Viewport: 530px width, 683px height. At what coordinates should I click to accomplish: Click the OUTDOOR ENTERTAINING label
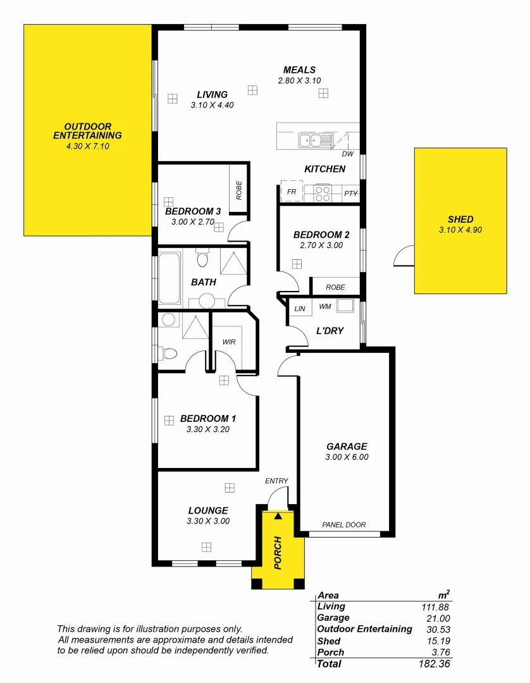(x=87, y=131)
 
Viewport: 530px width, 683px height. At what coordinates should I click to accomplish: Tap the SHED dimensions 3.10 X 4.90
(x=460, y=230)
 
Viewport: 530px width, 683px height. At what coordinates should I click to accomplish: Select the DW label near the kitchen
(x=347, y=154)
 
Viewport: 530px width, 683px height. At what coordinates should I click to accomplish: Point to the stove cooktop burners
(x=323, y=193)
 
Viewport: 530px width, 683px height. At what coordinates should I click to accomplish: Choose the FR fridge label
(x=292, y=191)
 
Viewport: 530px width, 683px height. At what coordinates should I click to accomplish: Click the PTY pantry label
(x=351, y=194)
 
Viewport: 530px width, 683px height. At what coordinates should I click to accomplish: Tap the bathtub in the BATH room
(x=169, y=279)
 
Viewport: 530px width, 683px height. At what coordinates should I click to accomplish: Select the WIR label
(x=229, y=341)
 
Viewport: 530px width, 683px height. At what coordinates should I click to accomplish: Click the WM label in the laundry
(x=325, y=307)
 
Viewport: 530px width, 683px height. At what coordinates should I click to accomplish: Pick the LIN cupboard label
(x=300, y=309)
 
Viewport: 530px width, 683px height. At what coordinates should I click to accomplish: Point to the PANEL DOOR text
(x=343, y=525)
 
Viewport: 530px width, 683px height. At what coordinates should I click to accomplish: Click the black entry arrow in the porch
(x=278, y=516)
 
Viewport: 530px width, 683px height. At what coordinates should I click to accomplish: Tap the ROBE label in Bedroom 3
(x=239, y=190)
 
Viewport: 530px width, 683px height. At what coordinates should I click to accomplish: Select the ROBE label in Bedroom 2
(x=335, y=287)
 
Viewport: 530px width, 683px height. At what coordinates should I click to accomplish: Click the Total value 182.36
(x=435, y=664)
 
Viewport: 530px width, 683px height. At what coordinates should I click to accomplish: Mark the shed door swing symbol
(x=402, y=255)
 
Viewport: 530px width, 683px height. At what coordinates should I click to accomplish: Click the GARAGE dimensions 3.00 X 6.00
(x=346, y=457)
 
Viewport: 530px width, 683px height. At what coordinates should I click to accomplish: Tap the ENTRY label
(x=276, y=481)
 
